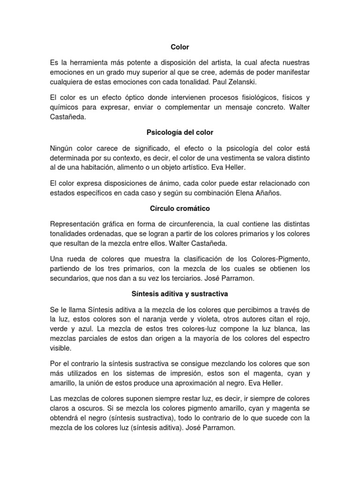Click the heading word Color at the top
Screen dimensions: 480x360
click(180, 47)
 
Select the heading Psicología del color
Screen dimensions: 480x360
click(180, 133)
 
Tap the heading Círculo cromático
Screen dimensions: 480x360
click(180, 208)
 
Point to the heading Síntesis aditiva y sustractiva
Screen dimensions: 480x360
click(180, 294)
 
